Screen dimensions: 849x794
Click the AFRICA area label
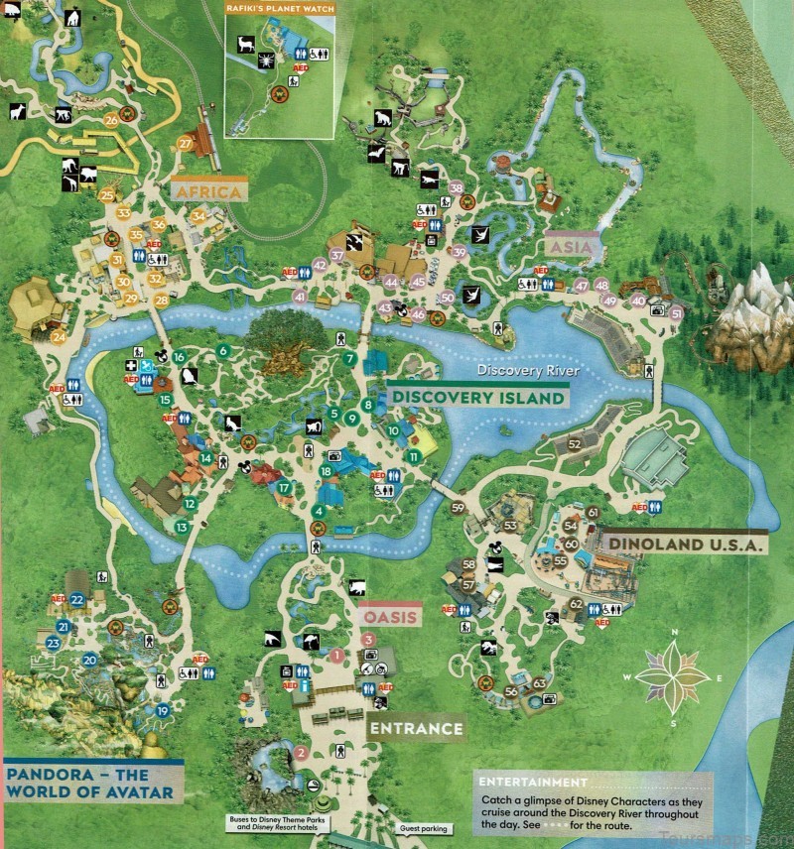point(207,191)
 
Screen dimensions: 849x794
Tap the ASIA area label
point(570,243)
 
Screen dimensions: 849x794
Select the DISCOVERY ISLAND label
point(478,397)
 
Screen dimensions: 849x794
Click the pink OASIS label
point(390,616)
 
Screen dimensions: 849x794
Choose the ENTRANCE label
point(416,729)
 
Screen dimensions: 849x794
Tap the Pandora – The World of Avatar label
point(91,782)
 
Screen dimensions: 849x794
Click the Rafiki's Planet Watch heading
point(281,8)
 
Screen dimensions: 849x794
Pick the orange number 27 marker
point(186,144)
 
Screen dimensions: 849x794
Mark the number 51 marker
point(677,314)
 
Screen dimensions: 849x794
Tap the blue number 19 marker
point(163,710)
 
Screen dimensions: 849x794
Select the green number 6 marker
point(224,350)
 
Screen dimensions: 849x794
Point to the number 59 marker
point(458,508)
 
